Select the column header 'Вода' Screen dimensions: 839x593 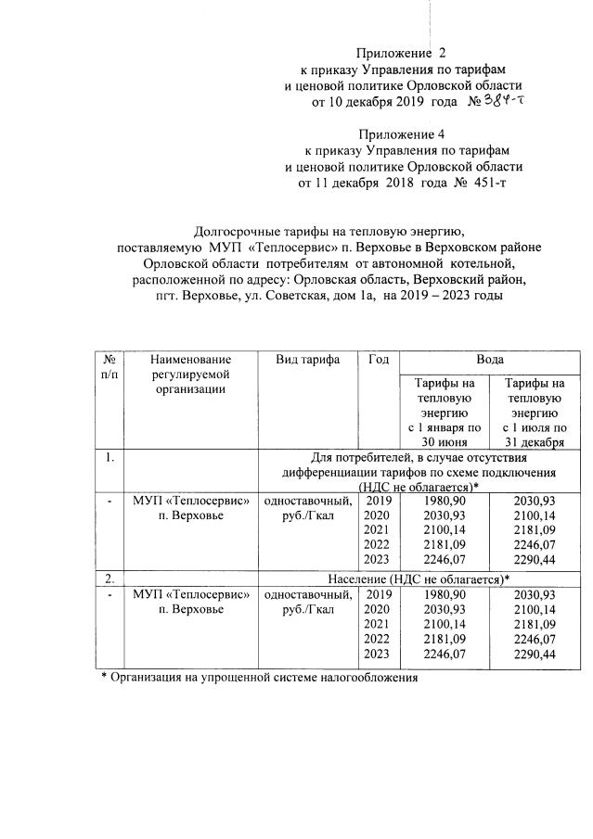[x=478, y=359]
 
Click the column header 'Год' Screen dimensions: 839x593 [x=378, y=359]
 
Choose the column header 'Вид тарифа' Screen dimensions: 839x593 [x=307, y=359]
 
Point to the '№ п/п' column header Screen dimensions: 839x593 [x=110, y=366]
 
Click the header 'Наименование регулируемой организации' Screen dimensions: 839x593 [x=189, y=374]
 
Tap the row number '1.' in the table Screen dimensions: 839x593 [x=110, y=456]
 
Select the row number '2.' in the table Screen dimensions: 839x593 [x=110, y=578]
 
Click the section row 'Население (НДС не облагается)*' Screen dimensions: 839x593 [x=415, y=578]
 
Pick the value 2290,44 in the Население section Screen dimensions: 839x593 [x=534, y=655]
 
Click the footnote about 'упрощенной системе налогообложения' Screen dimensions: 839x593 [x=260, y=678]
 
